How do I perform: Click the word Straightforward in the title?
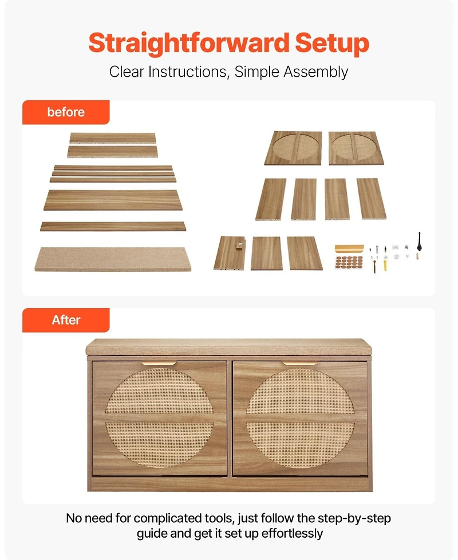tap(189, 44)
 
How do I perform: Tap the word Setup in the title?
tap(332, 44)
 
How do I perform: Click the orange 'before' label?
tap(66, 112)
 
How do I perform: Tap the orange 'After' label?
tap(66, 320)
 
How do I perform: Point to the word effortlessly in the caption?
tap(293, 533)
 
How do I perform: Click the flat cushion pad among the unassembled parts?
tap(113, 259)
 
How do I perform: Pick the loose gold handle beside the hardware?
tap(349, 248)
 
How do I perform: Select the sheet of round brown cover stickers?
tap(349, 262)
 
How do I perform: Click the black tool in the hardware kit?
tap(420, 242)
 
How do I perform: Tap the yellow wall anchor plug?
tap(386, 265)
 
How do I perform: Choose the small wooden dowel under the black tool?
tap(417, 256)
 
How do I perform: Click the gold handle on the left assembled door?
tap(159, 364)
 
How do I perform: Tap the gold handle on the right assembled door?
tap(300, 364)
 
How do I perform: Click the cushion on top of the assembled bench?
tap(229, 347)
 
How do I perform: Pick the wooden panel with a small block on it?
tap(230, 253)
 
